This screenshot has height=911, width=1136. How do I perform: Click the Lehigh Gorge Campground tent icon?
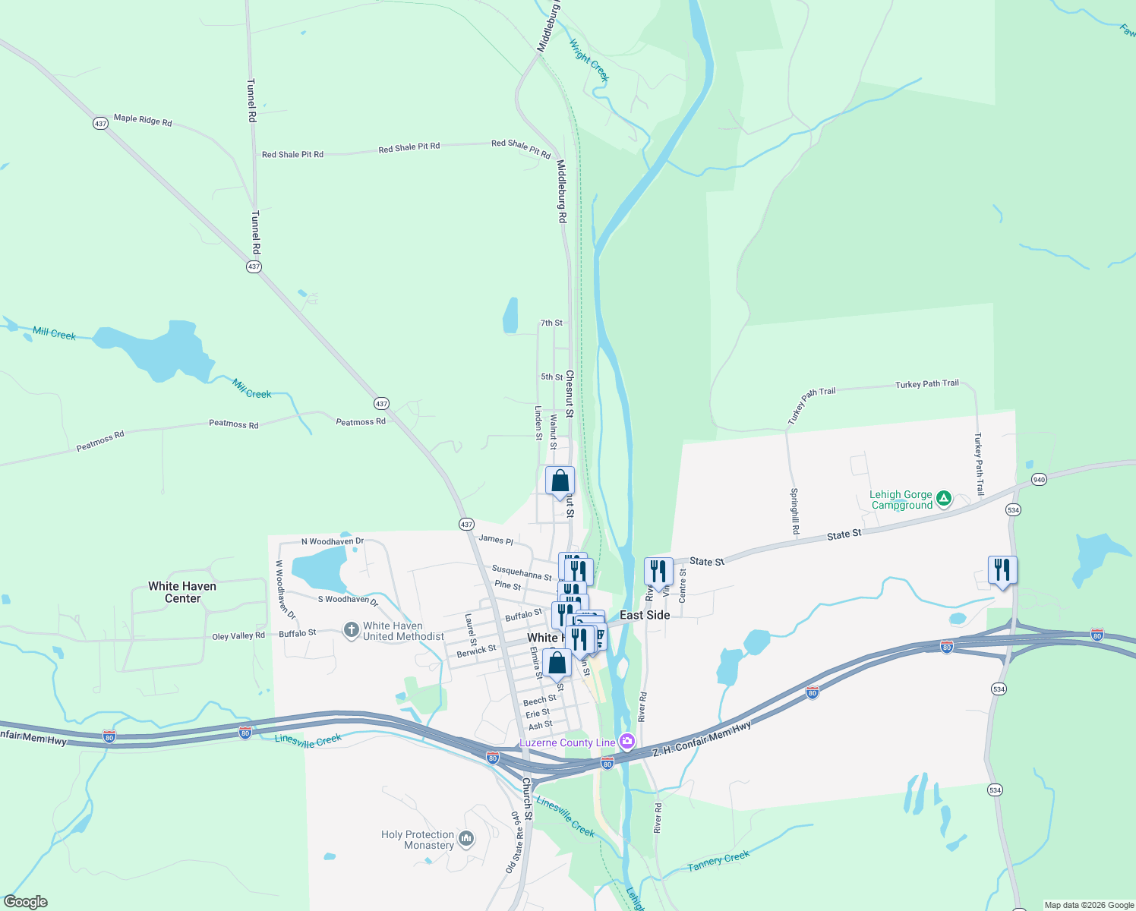click(943, 499)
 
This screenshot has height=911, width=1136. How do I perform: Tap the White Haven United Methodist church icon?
click(351, 630)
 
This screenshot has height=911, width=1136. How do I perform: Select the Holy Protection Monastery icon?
click(466, 839)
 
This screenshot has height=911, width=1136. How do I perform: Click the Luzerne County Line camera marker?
click(627, 740)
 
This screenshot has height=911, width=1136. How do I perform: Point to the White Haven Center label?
click(182, 592)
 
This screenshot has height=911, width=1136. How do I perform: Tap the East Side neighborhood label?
click(645, 615)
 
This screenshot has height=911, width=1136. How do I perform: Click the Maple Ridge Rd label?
click(143, 120)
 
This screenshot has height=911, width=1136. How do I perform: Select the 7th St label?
click(551, 323)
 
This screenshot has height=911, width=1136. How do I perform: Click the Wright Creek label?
click(589, 60)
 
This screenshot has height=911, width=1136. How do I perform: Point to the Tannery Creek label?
click(718, 861)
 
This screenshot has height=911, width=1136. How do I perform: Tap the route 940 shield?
click(1039, 480)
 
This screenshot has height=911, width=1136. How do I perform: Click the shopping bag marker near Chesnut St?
click(560, 481)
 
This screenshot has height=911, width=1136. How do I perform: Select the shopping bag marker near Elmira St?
click(557, 664)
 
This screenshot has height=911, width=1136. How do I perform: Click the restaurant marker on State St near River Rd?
click(658, 571)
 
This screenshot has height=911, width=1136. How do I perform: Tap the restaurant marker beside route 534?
click(1002, 569)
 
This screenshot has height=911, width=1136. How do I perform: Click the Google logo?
click(26, 902)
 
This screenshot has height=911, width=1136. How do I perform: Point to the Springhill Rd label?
click(794, 510)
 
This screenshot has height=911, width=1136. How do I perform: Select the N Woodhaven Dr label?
click(333, 541)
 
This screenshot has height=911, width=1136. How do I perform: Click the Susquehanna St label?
click(522, 572)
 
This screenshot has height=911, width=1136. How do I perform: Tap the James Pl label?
click(496, 539)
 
